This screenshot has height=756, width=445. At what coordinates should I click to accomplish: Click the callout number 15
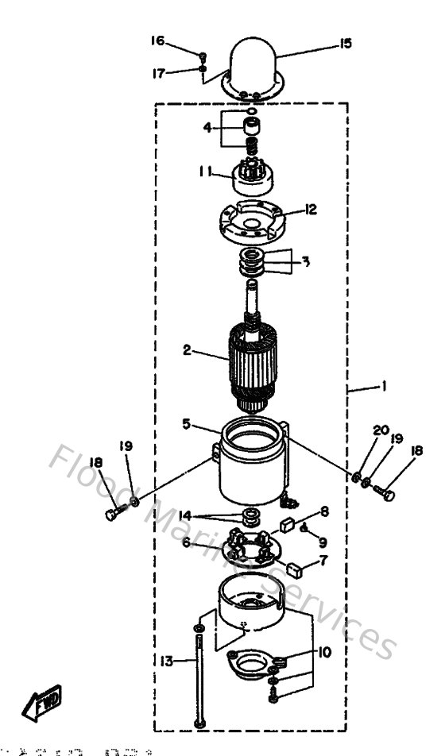click(345, 44)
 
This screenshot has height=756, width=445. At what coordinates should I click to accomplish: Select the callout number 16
click(157, 40)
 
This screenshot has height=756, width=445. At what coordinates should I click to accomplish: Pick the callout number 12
click(311, 210)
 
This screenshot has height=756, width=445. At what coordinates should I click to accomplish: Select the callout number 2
click(186, 350)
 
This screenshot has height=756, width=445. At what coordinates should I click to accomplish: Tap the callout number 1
click(384, 388)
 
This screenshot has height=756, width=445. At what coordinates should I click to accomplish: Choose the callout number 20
click(381, 430)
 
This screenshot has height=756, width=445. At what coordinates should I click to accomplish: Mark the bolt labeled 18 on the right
click(389, 496)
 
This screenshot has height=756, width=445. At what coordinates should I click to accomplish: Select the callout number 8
click(323, 511)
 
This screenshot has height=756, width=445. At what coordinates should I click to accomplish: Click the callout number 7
click(323, 561)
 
